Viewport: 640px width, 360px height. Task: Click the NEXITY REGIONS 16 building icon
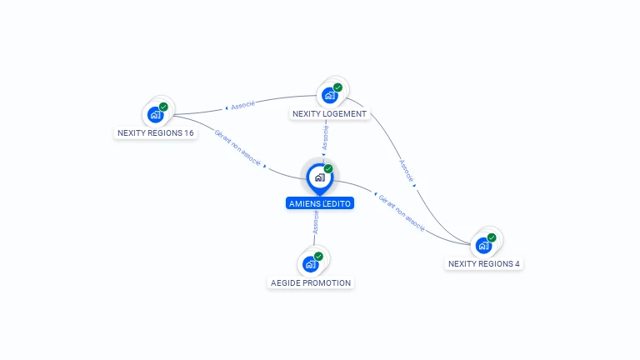pyautogui.click(x=154, y=115)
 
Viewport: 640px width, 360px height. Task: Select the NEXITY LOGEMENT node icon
pyautogui.click(x=328, y=95)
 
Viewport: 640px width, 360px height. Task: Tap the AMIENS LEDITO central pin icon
pyautogui.click(x=318, y=177)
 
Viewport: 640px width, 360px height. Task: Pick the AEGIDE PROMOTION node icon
pyautogui.click(x=310, y=264)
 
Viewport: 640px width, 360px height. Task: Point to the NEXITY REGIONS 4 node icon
pyautogui.click(x=482, y=246)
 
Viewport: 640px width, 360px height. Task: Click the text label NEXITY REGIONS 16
pyautogui.click(x=156, y=133)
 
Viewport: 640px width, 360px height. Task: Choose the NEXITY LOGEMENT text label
pyautogui.click(x=329, y=113)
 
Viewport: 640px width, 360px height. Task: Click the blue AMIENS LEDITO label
pyautogui.click(x=320, y=203)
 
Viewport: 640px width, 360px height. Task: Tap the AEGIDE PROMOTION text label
pyautogui.click(x=311, y=282)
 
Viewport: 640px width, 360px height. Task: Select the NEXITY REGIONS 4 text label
pyautogui.click(x=484, y=264)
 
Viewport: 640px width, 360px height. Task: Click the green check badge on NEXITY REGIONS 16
pyautogui.click(x=163, y=107)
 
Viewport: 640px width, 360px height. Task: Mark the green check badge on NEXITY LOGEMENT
pyautogui.click(x=337, y=87)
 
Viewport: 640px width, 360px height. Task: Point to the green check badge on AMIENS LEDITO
pyautogui.click(x=328, y=168)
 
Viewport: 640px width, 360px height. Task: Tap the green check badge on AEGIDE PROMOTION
pyautogui.click(x=318, y=256)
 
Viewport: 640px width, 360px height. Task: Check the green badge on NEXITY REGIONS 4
pyautogui.click(x=492, y=237)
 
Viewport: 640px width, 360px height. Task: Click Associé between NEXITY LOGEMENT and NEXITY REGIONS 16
pyautogui.click(x=242, y=106)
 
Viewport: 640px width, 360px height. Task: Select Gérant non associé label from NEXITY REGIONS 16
pyautogui.click(x=237, y=147)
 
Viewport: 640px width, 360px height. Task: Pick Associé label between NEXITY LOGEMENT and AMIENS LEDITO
pyautogui.click(x=325, y=137)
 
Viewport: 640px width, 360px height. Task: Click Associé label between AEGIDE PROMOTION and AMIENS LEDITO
pyautogui.click(x=316, y=222)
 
